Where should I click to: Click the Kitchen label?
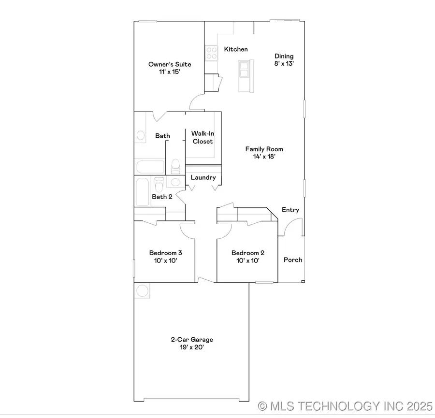tap(236, 49)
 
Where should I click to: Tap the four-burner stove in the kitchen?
tap(211, 53)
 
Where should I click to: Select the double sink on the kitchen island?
tap(244, 69)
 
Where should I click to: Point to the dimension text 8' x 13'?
tap(284, 63)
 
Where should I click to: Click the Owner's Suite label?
tap(170, 64)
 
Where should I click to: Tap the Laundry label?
tap(203, 177)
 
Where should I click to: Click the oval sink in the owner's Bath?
tap(141, 135)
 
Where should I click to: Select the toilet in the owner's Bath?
tap(175, 166)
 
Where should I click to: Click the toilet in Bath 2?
tap(159, 184)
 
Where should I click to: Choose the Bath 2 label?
tap(162, 197)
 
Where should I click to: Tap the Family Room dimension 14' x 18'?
tap(264, 157)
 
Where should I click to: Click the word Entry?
tap(290, 210)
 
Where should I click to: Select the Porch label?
tap(292, 259)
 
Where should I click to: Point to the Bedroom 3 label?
tap(165, 253)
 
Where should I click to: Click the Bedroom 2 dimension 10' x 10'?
tap(248, 260)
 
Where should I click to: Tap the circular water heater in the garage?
tap(143, 290)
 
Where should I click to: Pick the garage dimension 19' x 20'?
tap(192, 347)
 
